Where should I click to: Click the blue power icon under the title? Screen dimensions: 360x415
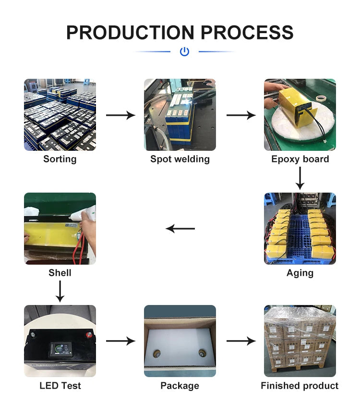click(184, 51)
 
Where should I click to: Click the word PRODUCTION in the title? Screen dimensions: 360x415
click(130, 33)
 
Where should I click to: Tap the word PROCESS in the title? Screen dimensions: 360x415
click(247, 33)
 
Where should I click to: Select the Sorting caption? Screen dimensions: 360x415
click(60, 159)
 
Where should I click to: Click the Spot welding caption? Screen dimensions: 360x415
click(180, 159)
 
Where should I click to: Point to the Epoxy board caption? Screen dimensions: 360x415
click(300, 159)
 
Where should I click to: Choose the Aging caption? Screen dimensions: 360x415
click(300, 273)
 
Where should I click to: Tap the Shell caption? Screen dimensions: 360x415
click(60, 273)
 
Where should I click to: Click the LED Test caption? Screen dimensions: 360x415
click(60, 386)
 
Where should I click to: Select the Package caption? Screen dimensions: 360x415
click(180, 386)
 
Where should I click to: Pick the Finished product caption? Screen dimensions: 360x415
click(300, 386)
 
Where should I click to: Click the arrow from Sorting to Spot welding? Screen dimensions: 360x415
click(120, 115)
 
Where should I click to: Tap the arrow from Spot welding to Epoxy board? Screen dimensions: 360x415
click(241, 115)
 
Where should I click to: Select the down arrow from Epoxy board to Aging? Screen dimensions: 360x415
click(300, 178)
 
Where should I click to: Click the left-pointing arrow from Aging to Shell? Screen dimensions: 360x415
click(180, 229)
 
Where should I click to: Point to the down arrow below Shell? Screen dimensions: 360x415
click(60, 291)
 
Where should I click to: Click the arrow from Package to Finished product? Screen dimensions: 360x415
click(241, 341)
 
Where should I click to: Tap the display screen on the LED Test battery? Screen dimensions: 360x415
click(61, 349)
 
